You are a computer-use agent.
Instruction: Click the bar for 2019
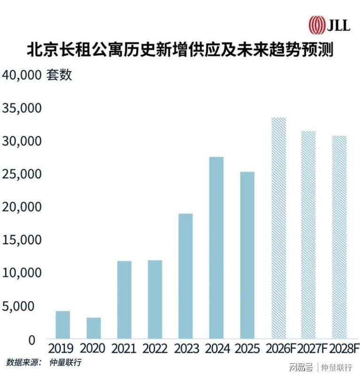(63, 325)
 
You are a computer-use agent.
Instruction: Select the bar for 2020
(94, 328)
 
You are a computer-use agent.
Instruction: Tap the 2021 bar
(124, 300)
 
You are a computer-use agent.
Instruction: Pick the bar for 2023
(186, 276)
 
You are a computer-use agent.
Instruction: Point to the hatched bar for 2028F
(339, 237)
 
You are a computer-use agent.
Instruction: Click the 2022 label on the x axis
(155, 349)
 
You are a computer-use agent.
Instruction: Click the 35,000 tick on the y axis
(22, 108)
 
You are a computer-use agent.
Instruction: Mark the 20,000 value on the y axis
(22, 207)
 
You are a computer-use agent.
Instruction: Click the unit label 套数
(59, 75)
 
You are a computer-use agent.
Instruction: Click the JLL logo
(329, 24)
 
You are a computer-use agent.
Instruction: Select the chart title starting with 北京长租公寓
(180, 49)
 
